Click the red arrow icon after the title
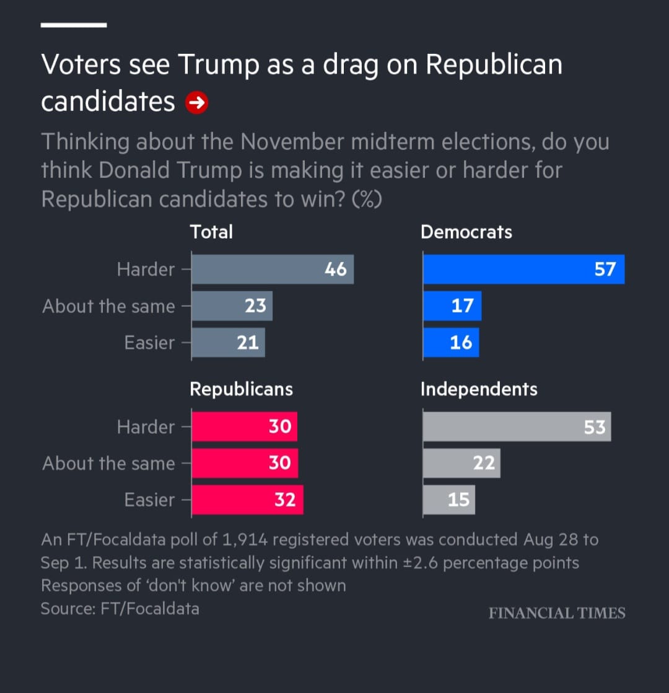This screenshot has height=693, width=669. [x=196, y=102]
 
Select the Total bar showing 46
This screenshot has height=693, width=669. [x=273, y=269]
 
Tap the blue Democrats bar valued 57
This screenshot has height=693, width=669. [x=523, y=269]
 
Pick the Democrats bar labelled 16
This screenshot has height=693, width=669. [x=451, y=343]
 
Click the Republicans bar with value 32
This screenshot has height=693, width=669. [x=247, y=500]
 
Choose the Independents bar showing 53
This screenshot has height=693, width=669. [x=517, y=426]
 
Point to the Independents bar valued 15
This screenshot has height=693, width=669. [x=448, y=500]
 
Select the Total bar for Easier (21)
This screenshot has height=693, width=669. [x=229, y=343]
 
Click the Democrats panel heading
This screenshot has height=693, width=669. [x=466, y=232]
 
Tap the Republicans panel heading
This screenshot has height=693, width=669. [x=241, y=389]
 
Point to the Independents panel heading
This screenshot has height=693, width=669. [x=479, y=389]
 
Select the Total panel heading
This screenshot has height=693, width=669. [x=211, y=232]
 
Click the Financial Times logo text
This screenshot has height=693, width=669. [x=557, y=613]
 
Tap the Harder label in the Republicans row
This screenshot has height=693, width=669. [x=146, y=427]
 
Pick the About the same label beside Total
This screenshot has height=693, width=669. [x=108, y=306]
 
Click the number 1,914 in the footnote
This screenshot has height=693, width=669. [x=245, y=540]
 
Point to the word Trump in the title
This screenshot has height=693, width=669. [x=219, y=64]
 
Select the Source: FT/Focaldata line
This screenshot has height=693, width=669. [x=120, y=609]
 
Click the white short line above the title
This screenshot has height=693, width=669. [x=74, y=25]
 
